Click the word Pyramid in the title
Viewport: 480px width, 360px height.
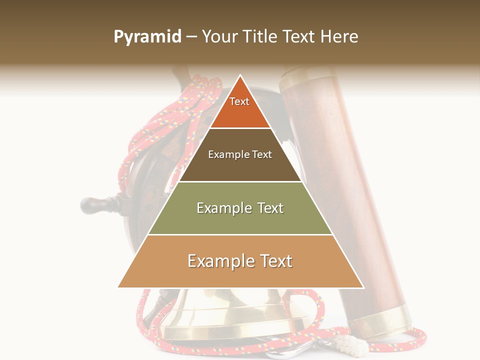coord(147,37)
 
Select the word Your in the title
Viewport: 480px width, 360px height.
coord(219,37)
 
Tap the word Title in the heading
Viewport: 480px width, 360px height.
coord(260,37)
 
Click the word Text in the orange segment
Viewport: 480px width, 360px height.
coord(239,101)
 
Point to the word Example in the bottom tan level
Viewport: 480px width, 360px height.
coord(218,261)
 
